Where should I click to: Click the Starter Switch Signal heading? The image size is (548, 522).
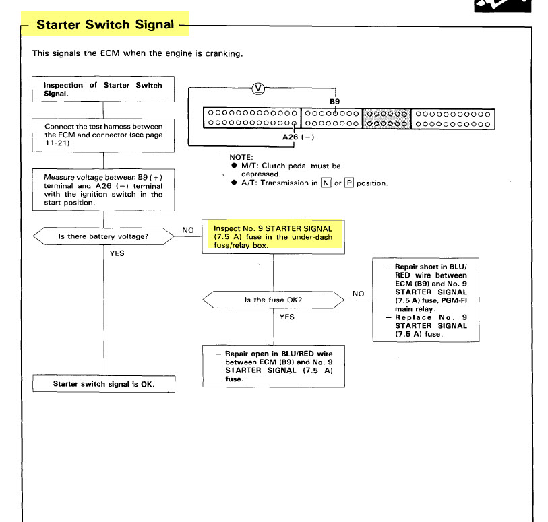click(x=105, y=26)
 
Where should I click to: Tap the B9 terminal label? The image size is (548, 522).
click(x=334, y=100)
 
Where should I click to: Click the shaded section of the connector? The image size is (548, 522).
click(x=386, y=118)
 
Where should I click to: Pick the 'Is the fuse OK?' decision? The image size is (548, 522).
click(x=272, y=299)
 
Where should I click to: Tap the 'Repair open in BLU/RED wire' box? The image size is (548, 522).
click(x=272, y=366)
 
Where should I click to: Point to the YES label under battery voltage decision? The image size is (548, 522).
click(x=117, y=254)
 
